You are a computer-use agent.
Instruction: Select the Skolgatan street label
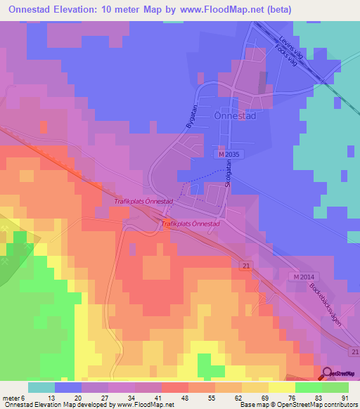(x=228, y=174)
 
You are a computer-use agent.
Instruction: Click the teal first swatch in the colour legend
(x=41, y=387)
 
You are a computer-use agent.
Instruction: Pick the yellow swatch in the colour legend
(x=282, y=387)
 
